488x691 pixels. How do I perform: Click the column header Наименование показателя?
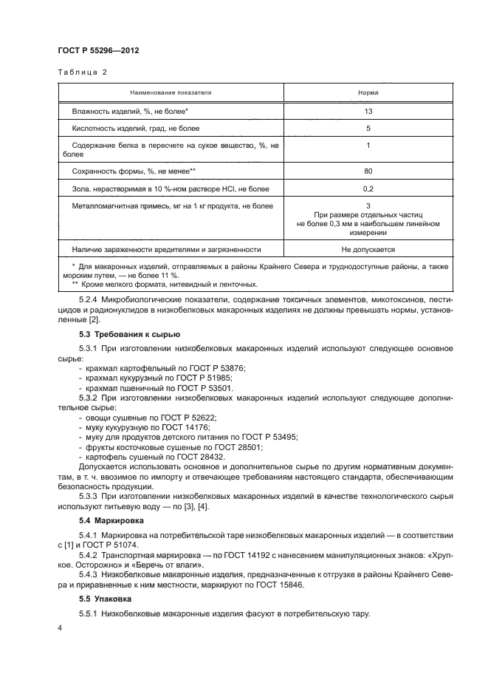pyautogui.click(x=171, y=93)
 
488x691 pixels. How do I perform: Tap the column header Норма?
pyautogui.click(x=368, y=93)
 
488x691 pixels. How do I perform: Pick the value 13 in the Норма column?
pyautogui.click(x=368, y=111)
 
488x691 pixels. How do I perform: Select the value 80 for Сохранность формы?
pyautogui.click(x=368, y=171)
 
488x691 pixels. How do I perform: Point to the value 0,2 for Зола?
pyautogui.click(x=368, y=189)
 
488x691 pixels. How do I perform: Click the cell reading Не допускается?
pyautogui.click(x=368, y=250)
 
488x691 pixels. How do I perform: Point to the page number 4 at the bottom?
pyautogui.click(x=60, y=627)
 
